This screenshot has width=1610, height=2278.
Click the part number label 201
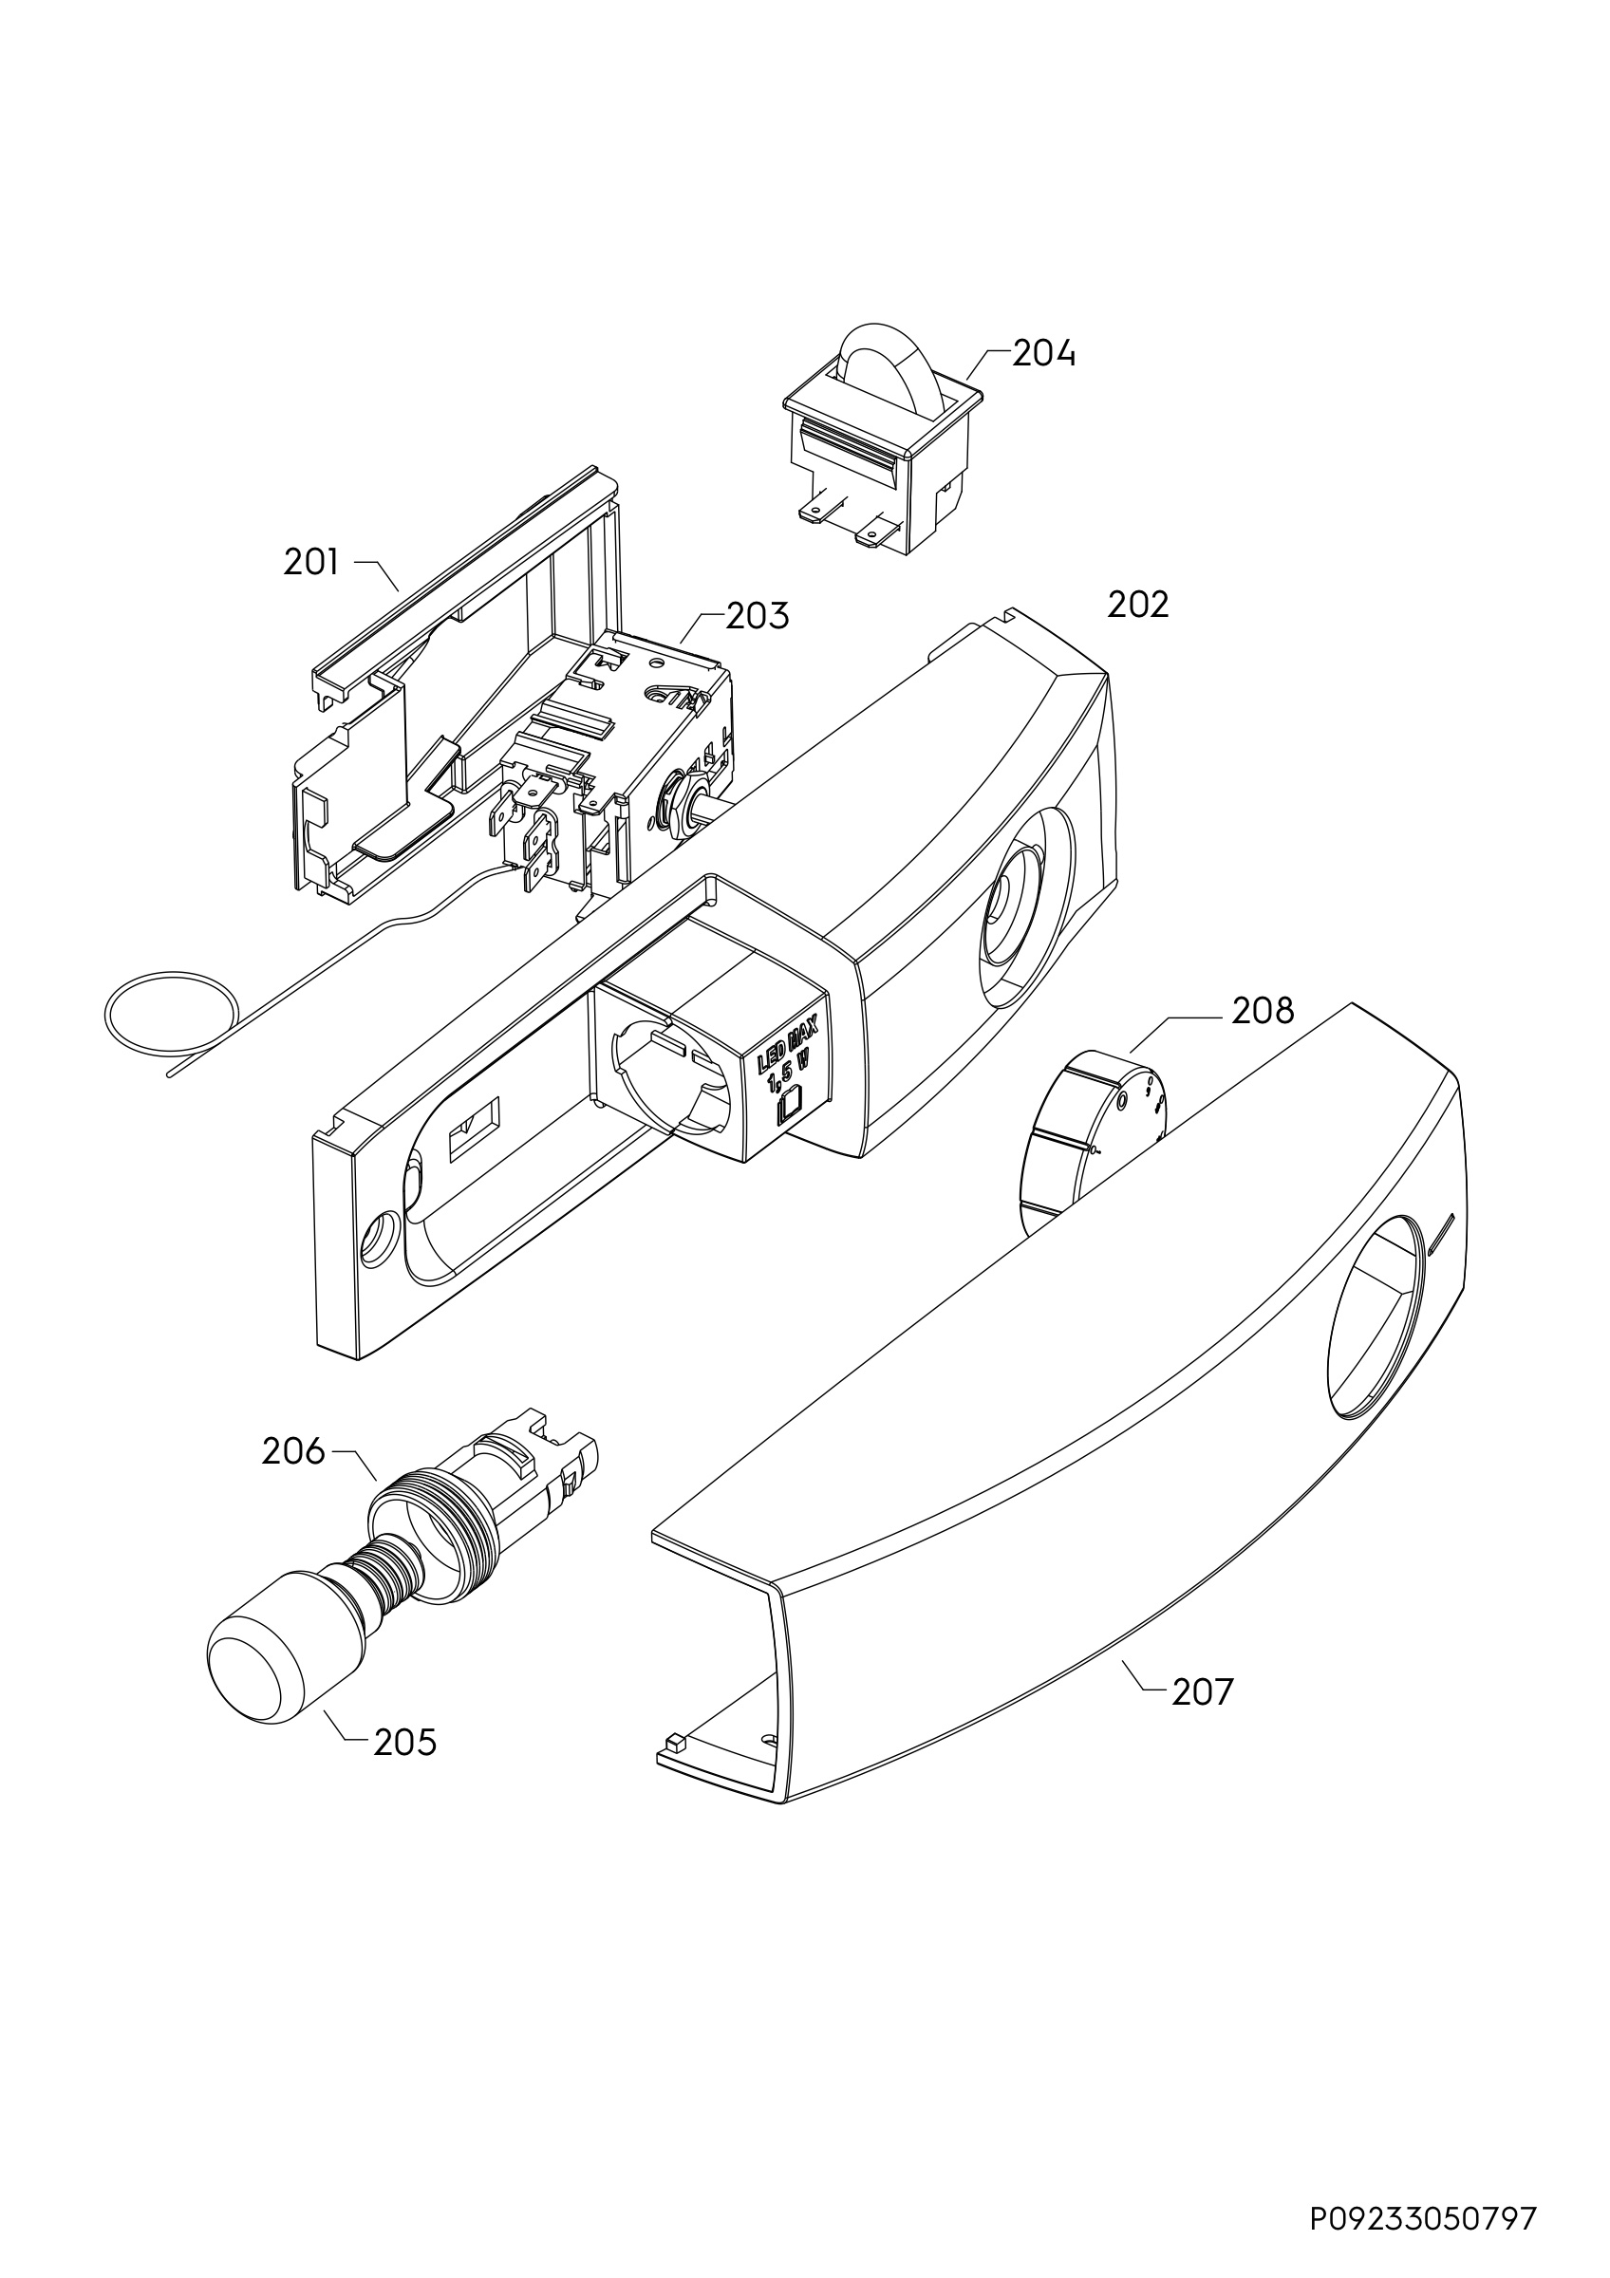(x=310, y=563)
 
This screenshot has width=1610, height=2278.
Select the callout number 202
(x=1138, y=605)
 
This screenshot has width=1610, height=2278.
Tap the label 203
(x=758, y=616)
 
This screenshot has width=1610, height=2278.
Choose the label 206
(x=293, y=1451)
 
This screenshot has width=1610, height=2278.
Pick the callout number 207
(x=1203, y=1691)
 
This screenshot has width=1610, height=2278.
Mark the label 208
(x=1263, y=1011)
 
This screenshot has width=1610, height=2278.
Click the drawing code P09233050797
(x=1424, y=2191)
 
